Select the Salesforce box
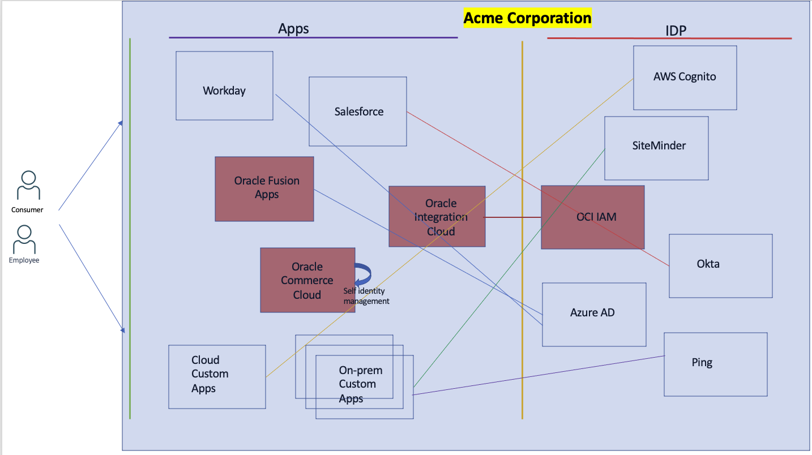[x=358, y=111]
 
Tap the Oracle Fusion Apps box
[x=264, y=188]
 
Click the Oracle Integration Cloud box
[x=437, y=216]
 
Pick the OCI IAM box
[x=592, y=217]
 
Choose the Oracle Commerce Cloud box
[x=307, y=280]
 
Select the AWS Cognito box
[x=685, y=78]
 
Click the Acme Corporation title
[x=527, y=18]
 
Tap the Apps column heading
[x=293, y=29]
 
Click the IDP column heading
[x=676, y=31]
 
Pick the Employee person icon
[x=24, y=239]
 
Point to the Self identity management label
[x=366, y=296]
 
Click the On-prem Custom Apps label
[x=361, y=384]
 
